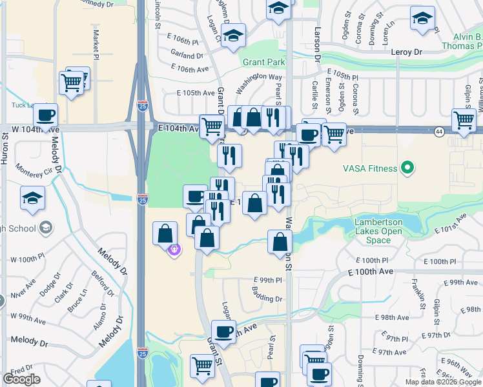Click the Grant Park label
pyautogui.click(x=263, y=63)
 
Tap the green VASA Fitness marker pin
pyautogui.click(x=407, y=169)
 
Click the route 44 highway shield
pyautogui.click(x=438, y=131)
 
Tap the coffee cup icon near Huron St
pyautogui.click(x=45, y=116)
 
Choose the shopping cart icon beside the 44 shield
pyautogui.click(x=464, y=119)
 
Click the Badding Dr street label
pyautogui.click(x=269, y=299)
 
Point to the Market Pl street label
pyautogui.click(x=96, y=41)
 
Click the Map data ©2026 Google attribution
pyautogui.click(x=442, y=382)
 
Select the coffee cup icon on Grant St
pyautogui.click(x=223, y=332)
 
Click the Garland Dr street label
pyautogui.click(x=187, y=56)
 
